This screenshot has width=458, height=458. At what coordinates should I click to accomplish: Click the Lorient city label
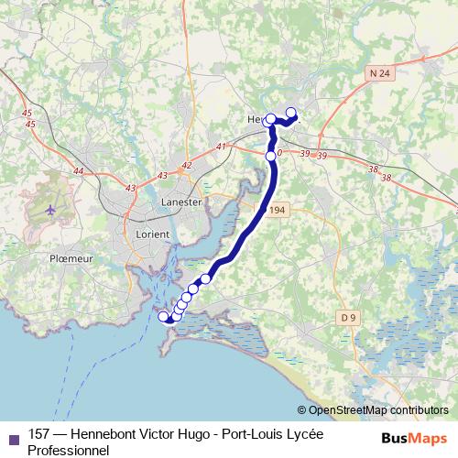(152, 234)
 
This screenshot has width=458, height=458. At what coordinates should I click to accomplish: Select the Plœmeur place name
(73, 259)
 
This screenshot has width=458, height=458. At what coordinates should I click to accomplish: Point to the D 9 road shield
(346, 317)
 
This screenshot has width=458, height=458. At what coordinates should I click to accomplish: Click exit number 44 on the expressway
(78, 171)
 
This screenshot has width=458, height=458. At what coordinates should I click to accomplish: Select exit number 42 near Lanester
(187, 165)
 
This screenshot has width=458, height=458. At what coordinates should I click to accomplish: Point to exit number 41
(221, 147)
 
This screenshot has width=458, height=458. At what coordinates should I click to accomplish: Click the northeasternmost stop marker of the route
(292, 114)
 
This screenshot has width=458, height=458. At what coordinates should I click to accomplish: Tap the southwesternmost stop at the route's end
(164, 317)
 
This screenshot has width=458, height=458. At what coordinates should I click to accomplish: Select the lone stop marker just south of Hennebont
(271, 157)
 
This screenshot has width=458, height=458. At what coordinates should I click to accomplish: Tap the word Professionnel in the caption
(69, 450)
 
